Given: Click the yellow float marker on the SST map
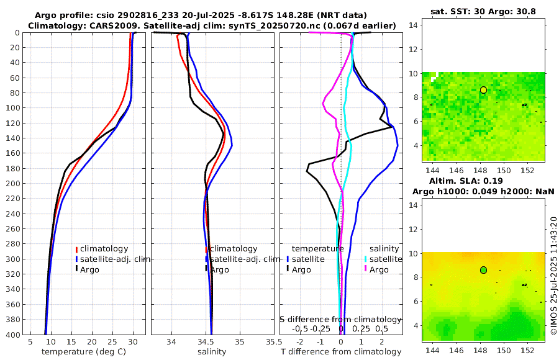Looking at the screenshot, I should point(483,90).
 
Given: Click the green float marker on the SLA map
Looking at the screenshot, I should point(483,270).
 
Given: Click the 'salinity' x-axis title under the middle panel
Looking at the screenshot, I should point(212,352).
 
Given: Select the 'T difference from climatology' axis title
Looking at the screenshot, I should point(341,352).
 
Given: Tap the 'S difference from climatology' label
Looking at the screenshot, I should point(341,319).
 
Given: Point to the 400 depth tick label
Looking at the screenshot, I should point(12,335).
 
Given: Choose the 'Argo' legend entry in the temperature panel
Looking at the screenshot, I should point(89,269).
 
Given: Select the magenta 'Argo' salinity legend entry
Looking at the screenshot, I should point(379,269).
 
